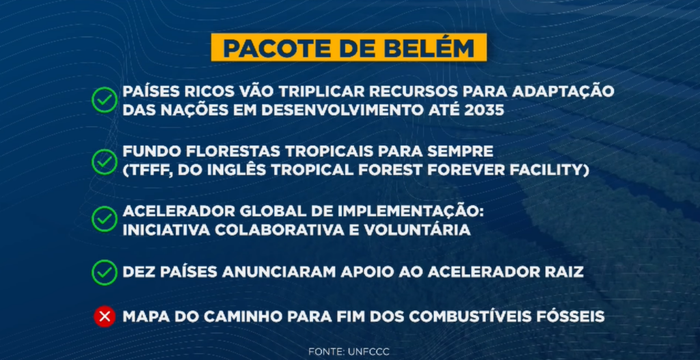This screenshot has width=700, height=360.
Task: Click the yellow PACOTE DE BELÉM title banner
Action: click(x=349, y=49)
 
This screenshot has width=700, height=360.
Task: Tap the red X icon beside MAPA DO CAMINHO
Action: click(x=104, y=317)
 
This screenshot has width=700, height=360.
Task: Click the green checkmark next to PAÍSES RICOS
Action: click(x=104, y=100)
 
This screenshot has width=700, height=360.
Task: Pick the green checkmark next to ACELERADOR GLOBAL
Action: click(x=104, y=219)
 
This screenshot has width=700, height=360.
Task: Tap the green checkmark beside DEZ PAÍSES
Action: click(x=104, y=272)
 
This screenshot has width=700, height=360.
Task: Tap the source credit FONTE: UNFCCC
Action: click(x=349, y=350)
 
